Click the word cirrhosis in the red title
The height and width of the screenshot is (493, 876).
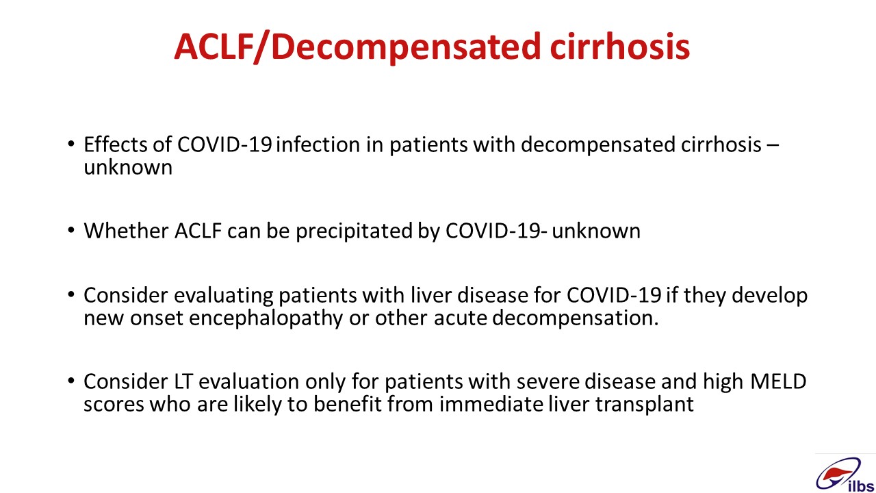(x=620, y=47)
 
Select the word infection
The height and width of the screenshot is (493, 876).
(x=320, y=144)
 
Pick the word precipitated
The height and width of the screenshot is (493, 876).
(x=354, y=231)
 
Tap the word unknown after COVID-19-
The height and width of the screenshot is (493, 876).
(x=596, y=231)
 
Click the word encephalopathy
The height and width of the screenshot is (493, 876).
(x=266, y=318)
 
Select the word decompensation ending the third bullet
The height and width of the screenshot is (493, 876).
(x=576, y=318)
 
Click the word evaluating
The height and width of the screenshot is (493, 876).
(x=224, y=296)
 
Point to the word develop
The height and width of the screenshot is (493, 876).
(x=769, y=296)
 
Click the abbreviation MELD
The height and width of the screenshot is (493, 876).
(x=778, y=381)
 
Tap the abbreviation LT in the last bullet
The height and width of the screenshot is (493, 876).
(x=183, y=381)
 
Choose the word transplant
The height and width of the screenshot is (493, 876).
(x=645, y=405)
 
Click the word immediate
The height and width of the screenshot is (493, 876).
(x=491, y=404)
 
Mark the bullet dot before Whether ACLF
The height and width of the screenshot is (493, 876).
(x=70, y=230)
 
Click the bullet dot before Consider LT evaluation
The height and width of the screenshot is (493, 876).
(x=70, y=381)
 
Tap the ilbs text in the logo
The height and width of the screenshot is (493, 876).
(x=861, y=486)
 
